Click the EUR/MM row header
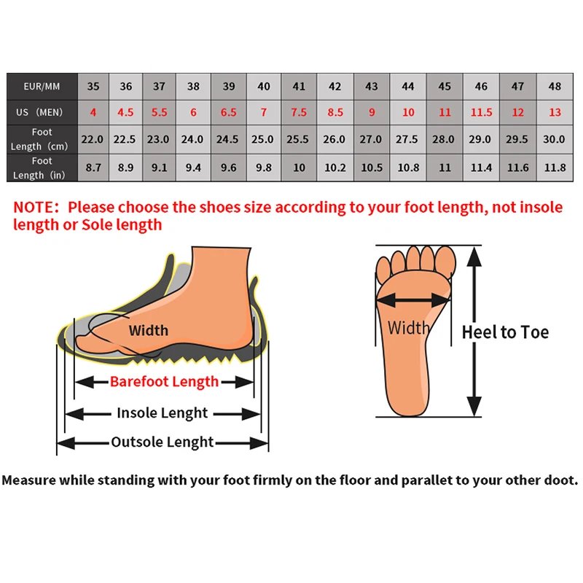click(x=42, y=86)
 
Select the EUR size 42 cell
click(x=334, y=86)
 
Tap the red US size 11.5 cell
click(x=481, y=112)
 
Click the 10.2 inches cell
click(x=334, y=167)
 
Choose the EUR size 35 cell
click(x=93, y=86)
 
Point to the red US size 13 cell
click(x=555, y=112)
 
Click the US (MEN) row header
click(x=42, y=112)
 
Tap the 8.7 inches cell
click(x=93, y=167)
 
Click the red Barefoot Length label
click(x=164, y=381)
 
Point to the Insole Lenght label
click(x=163, y=413)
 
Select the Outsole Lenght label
click(x=163, y=442)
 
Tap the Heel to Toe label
click(x=505, y=333)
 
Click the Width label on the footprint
click(x=408, y=328)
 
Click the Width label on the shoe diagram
click(x=149, y=330)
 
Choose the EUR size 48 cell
click(x=555, y=86)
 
